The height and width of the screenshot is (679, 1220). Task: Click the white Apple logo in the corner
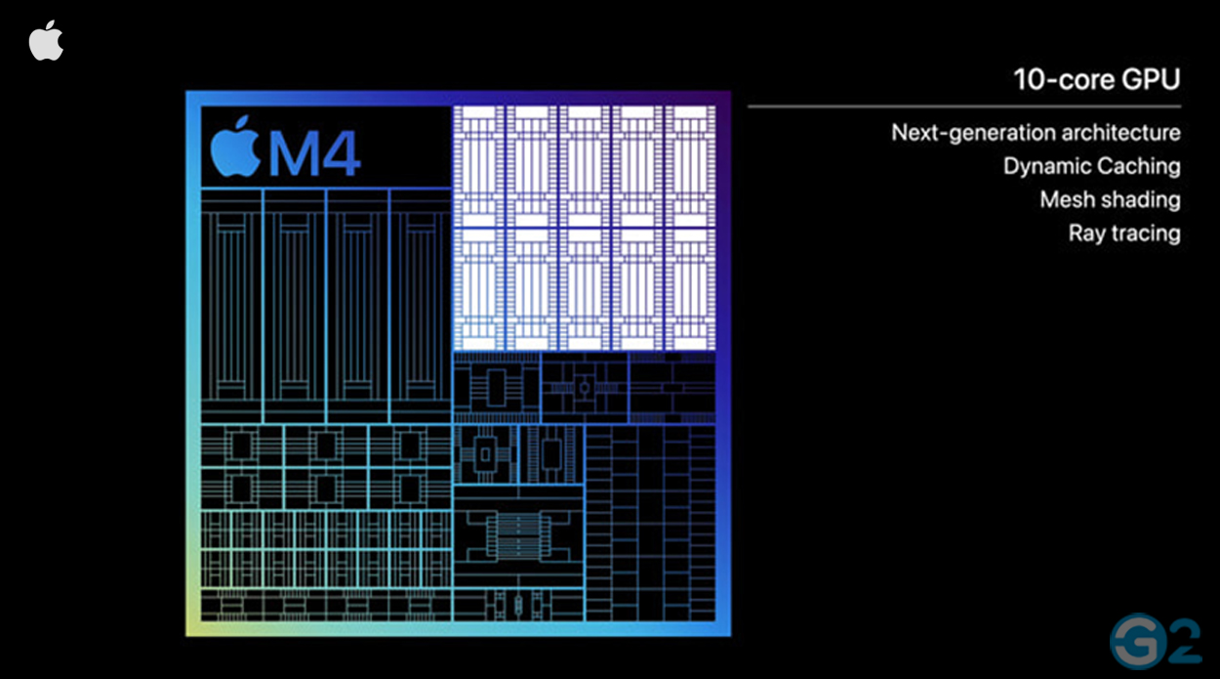tap(46, 41)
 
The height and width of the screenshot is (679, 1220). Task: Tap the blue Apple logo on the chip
tap(235, 148)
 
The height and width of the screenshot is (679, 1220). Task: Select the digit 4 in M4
tap(342, 152)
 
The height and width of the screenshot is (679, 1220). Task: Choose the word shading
tap(1140, 200)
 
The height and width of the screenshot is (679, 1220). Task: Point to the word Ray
tap(1086, 233)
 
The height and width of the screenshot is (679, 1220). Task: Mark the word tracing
tap(1145, 233)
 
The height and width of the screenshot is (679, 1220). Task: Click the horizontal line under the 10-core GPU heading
tap(964, 106)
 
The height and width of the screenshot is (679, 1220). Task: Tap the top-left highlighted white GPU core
tap(478, 165)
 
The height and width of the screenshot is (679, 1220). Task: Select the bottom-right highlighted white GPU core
tap(690, 287)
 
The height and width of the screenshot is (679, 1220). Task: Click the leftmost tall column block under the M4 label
tap(231, 306)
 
